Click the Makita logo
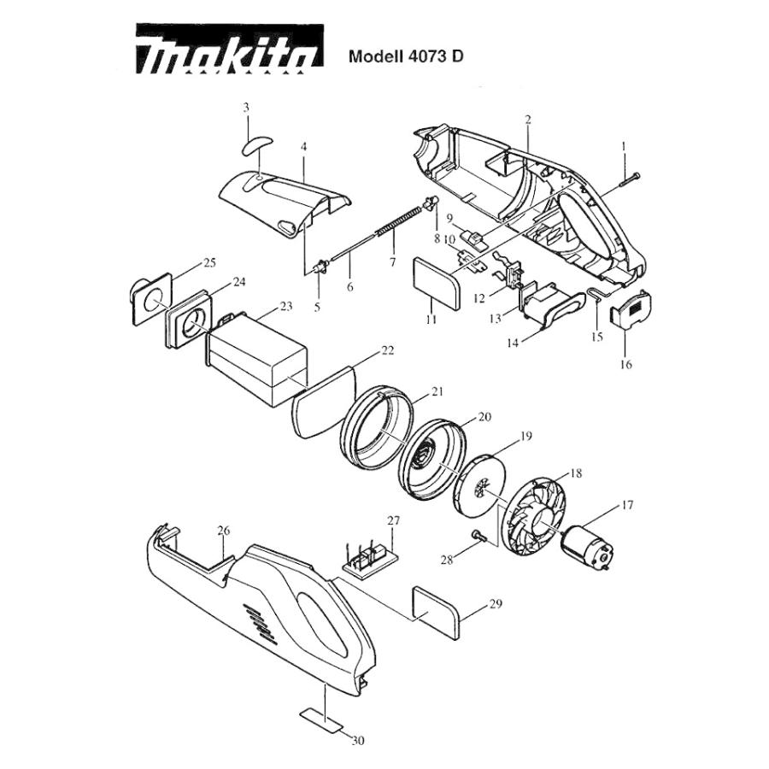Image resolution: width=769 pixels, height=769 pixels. click(230, 49)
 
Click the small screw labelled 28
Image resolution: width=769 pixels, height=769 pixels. click(479, 537)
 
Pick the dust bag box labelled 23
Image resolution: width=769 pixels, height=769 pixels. click(255, 361)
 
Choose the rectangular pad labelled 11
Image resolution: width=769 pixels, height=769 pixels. click(437, 285)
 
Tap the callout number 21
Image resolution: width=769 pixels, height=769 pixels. click(437, 391)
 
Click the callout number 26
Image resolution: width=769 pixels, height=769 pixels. click(223, 531)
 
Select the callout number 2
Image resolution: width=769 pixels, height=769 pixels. click(528, 119)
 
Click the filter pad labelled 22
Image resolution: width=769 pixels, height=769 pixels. click(324, 402)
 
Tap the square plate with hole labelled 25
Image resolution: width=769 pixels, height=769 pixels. click(152, 299)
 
